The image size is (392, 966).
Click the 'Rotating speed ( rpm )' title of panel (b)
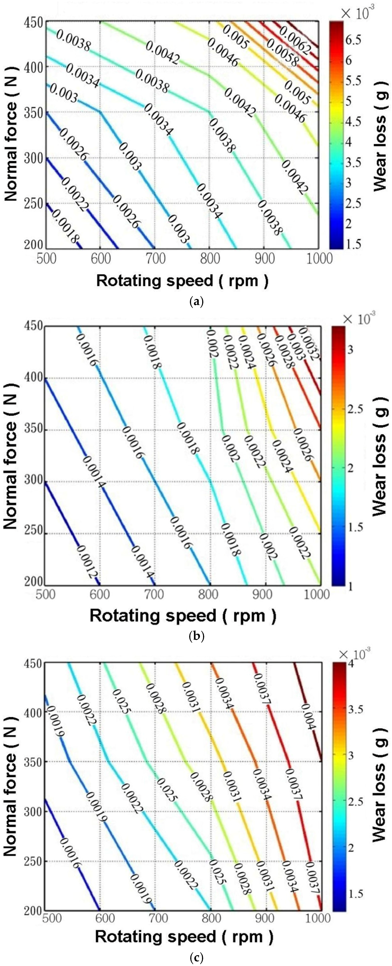[x=183, y=615]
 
